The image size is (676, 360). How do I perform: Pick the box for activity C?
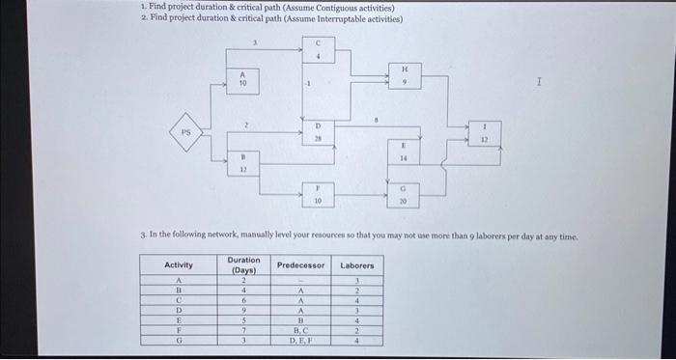pos(317,50)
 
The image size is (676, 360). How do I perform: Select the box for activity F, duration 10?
pos(317,195)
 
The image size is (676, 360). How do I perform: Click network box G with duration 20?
pos(404,196)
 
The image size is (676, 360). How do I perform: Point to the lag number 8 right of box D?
pos(376,121)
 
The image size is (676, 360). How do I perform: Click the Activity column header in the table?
pos(179,264)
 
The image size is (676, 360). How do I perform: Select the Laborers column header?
pos(357,264)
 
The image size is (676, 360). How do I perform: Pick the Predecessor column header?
pos(300,264)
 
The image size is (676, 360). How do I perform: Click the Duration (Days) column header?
pos(243,264)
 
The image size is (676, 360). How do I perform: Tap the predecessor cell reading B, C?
pos(300,331)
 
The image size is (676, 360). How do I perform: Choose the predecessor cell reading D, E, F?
pos(300,340)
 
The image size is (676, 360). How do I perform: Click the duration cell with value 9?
pos(243,310)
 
